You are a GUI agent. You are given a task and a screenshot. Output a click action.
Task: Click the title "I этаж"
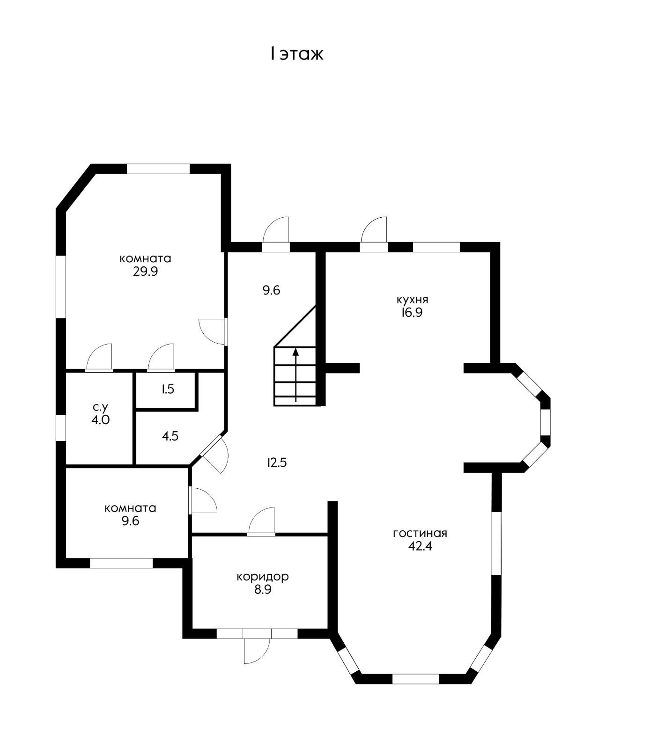(x=296, y=54)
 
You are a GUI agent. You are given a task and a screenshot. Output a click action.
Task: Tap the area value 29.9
(x=145, y=272)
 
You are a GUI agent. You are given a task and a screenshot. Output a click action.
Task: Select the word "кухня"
(x=412, y=299)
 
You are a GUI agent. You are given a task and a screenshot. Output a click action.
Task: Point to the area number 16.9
(x=412, y=313)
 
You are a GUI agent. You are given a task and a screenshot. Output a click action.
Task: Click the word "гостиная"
(x=420, y=533)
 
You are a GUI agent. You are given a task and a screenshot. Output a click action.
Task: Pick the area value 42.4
(x=420, y=546)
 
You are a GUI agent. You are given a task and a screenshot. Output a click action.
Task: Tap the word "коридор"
(x=262, y=576)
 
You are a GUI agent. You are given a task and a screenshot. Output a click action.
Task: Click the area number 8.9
(x=263, y=589)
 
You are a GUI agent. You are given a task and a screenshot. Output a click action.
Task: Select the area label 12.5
(x=277, y=463)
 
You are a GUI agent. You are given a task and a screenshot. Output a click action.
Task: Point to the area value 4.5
(x=170, y=436)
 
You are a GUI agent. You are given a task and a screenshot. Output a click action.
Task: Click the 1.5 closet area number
(x=168, y=389)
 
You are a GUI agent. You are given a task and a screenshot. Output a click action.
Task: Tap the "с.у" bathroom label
(x=100, y=407)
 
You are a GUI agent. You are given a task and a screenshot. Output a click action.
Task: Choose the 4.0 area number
(x=100, y=420)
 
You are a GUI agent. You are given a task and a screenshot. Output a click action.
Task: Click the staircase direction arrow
(x=296, y=375)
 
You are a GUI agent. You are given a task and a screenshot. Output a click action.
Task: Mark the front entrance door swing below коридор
(x=257, y=651)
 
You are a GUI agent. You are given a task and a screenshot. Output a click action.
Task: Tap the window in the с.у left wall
(x=61, y=427)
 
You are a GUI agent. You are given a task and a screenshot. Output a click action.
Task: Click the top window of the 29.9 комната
(x=158, y=169)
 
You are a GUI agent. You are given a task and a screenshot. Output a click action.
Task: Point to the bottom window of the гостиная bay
(x=415, y=679)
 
